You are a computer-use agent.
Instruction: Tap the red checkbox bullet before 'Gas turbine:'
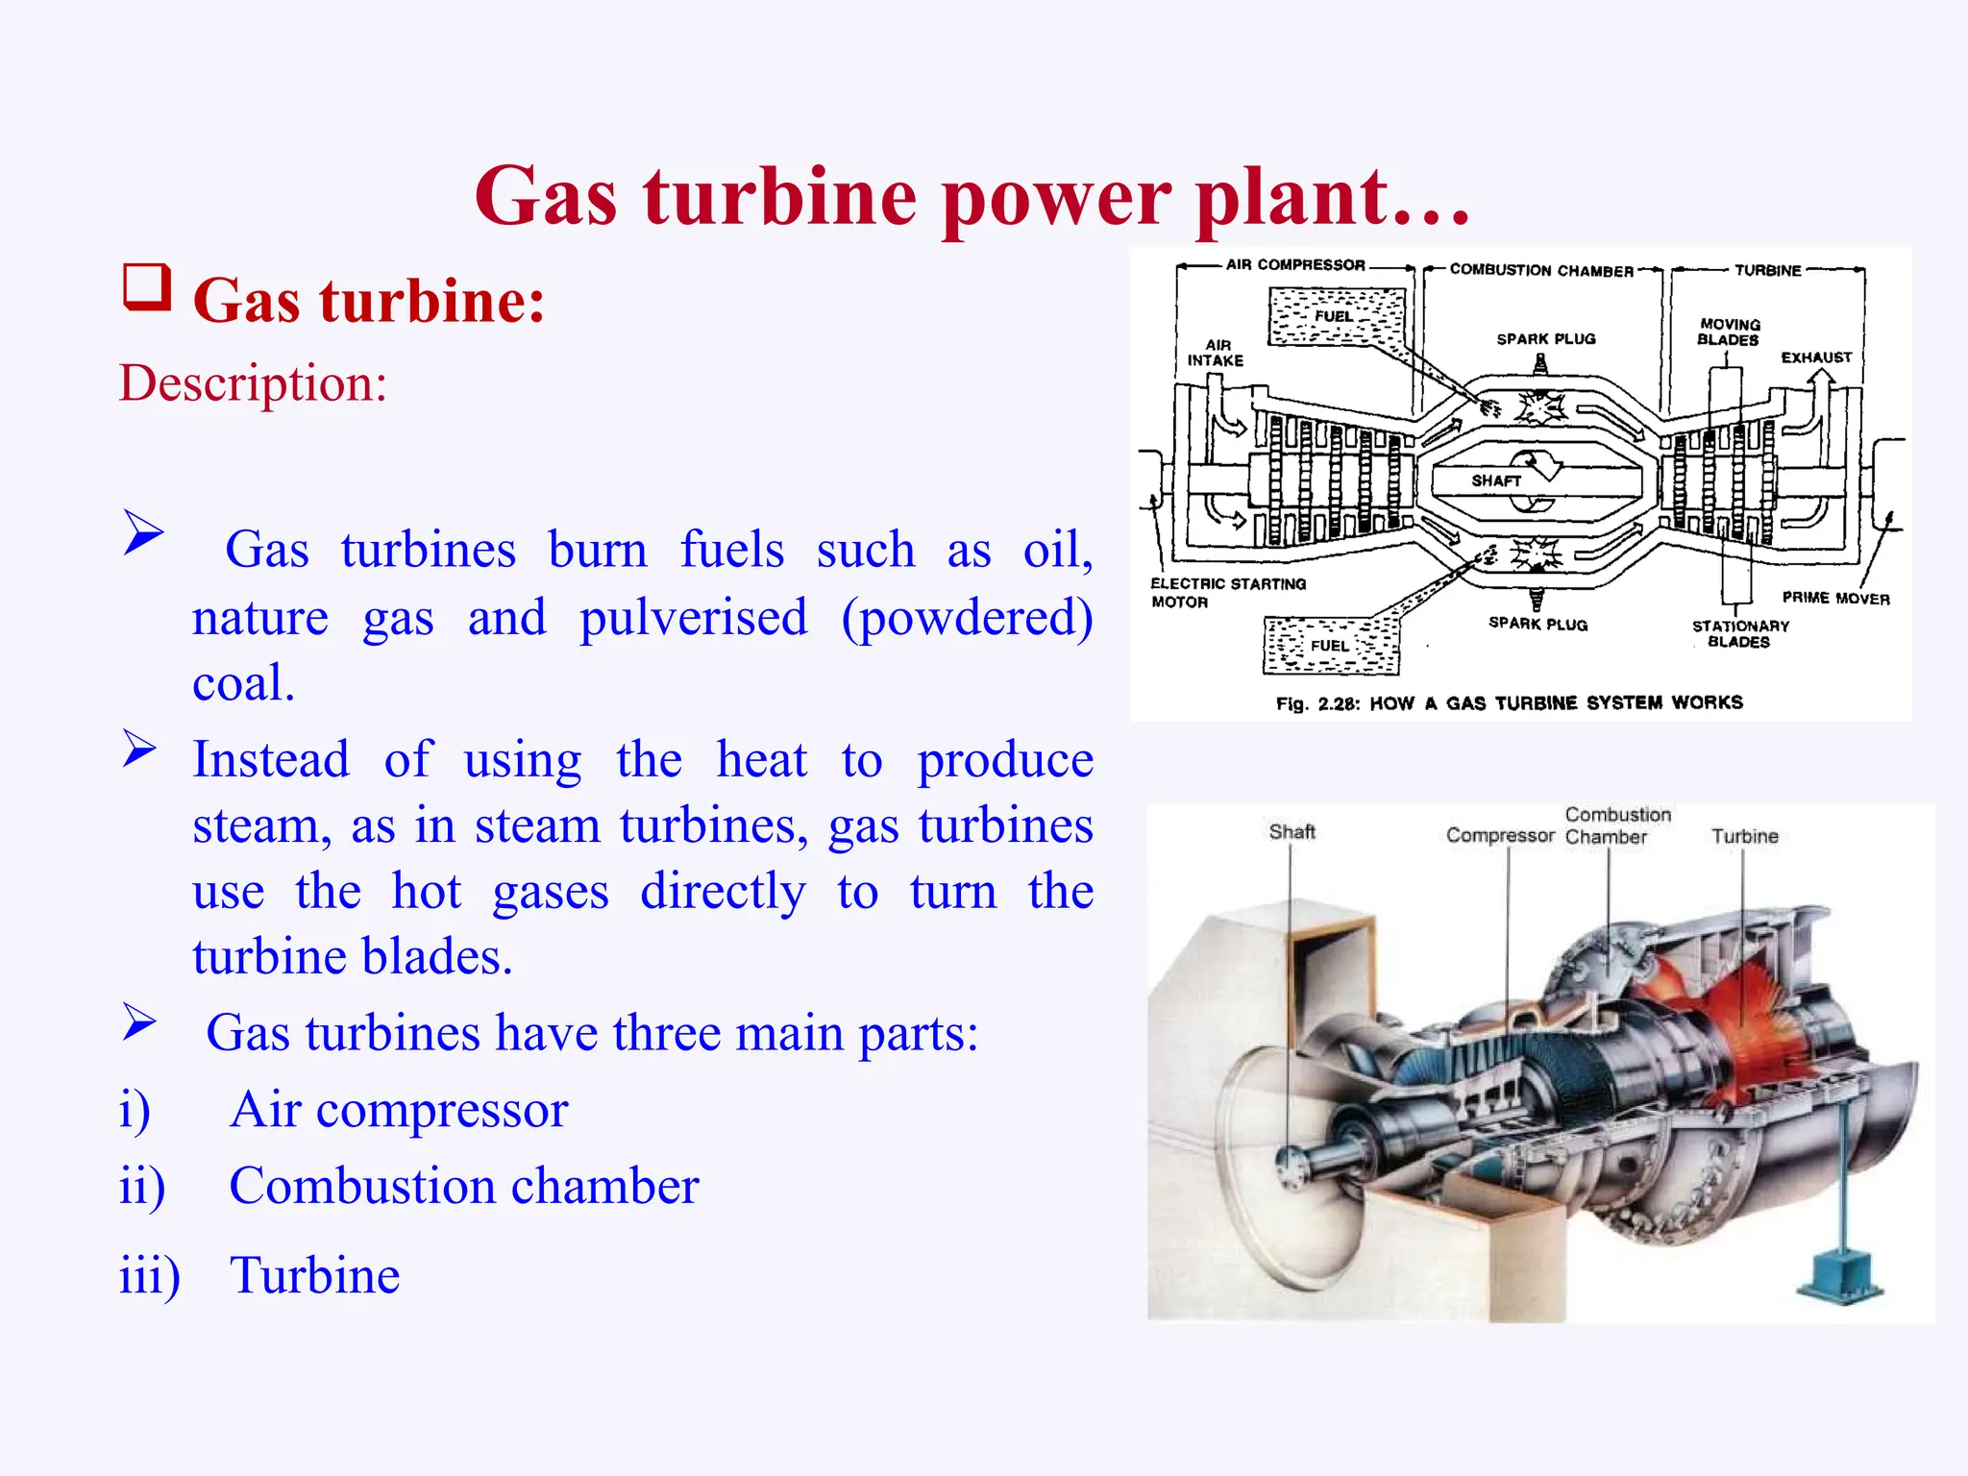(x=147, y=287)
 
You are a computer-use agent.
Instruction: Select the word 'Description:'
(x=253, y=382)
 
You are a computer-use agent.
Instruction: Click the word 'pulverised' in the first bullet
(x=693, y=617)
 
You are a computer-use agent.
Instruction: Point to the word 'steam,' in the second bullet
(x=261, y=825)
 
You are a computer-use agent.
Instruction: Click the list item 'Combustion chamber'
(x=463, y=1185)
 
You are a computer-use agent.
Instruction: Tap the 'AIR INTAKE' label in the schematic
(x=1216, y=353)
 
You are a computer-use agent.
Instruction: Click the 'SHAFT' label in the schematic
(x=1496, y=480)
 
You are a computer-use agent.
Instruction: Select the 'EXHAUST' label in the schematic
(x=1816, y=357)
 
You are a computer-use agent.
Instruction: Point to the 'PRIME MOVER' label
(x=1835, y=598)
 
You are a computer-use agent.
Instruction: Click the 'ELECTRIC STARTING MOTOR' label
(x=1227, y=592)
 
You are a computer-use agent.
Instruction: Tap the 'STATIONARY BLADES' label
(x=1740, y=633)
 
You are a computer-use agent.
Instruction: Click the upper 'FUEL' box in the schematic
(x=1336, y=317)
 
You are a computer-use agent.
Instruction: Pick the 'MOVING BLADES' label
(x=1729, y=332)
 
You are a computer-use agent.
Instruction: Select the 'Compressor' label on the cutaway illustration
(x=1499, y=835)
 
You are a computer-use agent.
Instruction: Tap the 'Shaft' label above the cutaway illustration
(x=1291, y=831)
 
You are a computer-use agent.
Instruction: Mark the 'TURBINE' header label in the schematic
(x=1767, y=271)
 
